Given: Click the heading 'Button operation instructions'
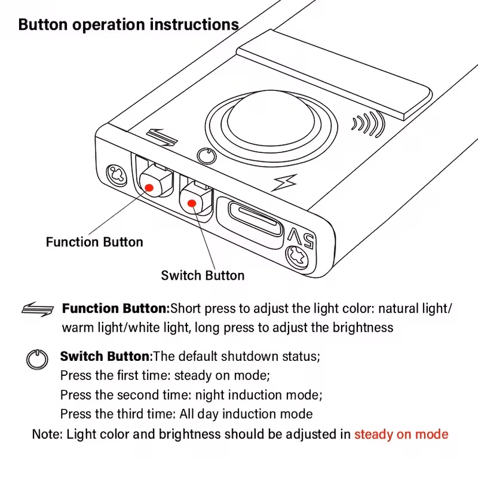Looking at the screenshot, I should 128,25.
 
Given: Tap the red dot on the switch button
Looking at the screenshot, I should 192,202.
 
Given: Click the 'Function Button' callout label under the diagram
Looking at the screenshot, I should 94,242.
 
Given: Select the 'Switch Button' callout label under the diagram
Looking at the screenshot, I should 203,275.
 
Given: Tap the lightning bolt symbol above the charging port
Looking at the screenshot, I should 279,183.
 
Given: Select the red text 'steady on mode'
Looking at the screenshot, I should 401,434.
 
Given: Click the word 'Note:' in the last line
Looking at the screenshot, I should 46,434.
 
